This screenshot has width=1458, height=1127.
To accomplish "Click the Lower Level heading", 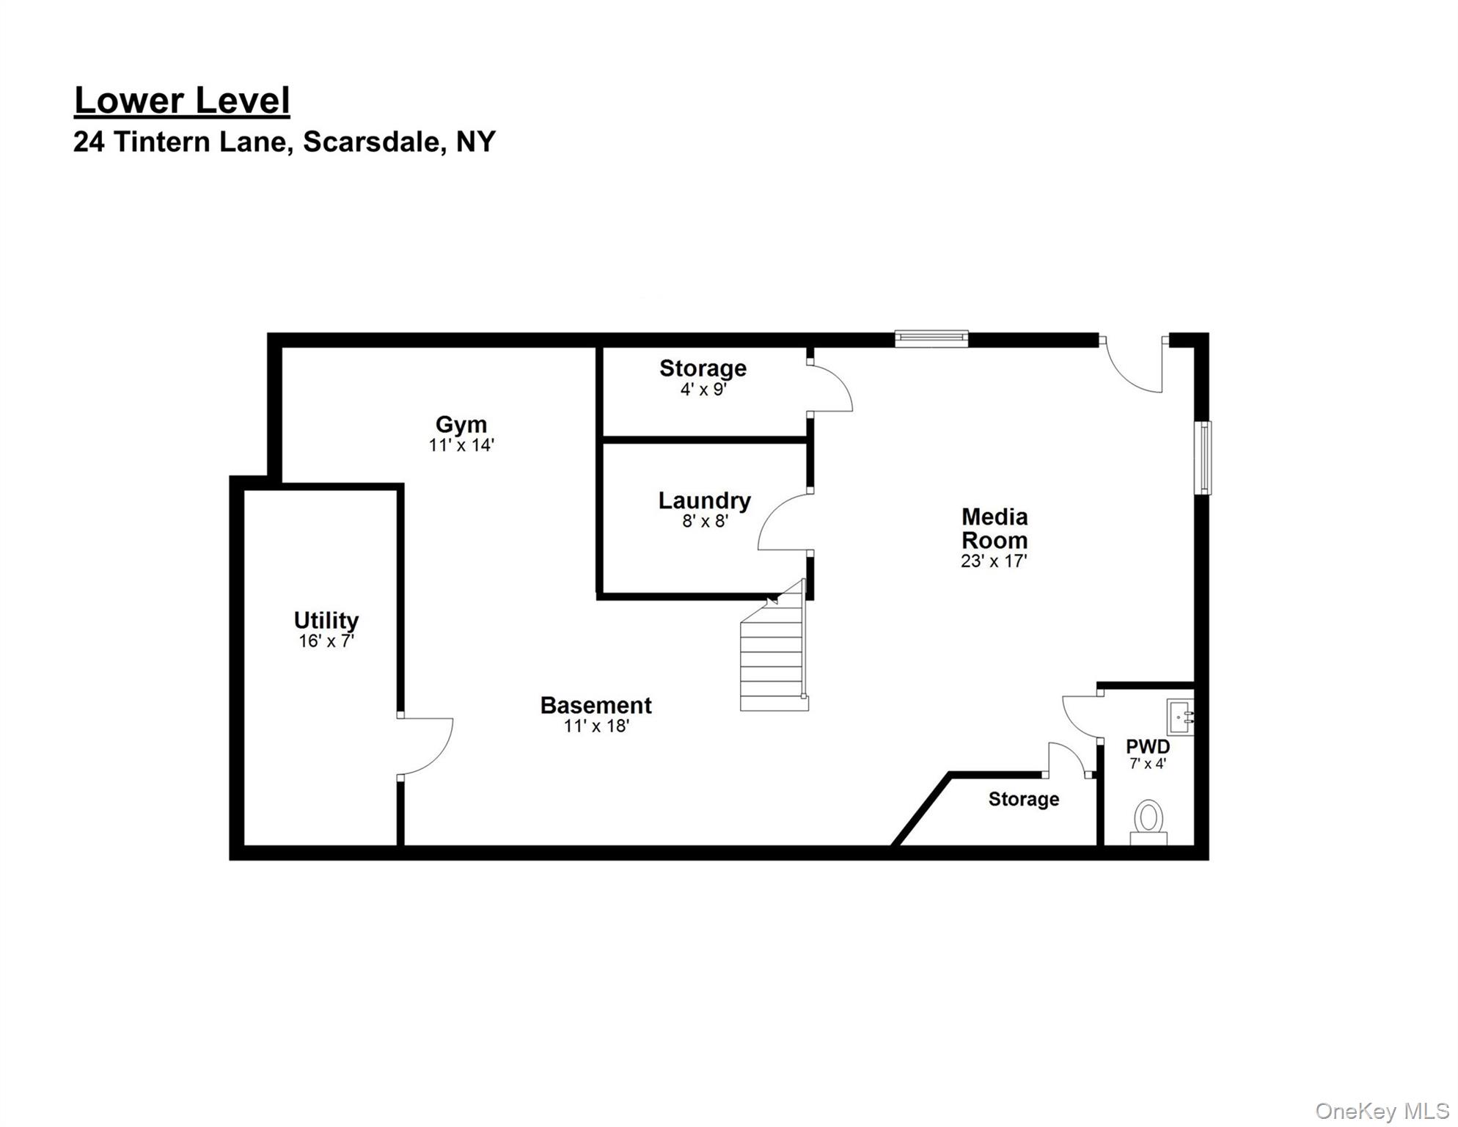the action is tap(182, 101).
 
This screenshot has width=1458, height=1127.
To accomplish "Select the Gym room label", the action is tap(461, 424).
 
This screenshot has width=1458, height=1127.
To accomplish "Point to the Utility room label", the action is tap(326, 621).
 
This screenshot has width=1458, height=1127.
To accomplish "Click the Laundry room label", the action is tap(705, 500).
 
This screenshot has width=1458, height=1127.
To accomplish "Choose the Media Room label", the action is tap(994, 528).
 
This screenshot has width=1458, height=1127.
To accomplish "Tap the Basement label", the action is tap(596, 705).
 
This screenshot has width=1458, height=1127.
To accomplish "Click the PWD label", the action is tap(1148, 747).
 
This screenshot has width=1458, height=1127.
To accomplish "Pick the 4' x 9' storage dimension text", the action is tap(703, 390).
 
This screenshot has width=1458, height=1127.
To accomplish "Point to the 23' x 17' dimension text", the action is tap(994, 561).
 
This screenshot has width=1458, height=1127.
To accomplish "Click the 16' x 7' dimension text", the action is tap(326, 641).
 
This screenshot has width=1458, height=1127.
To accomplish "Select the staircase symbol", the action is tap(774, 646).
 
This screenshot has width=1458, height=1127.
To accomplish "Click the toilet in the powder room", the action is tap(1149, 823).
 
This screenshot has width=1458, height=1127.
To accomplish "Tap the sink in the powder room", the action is tap(1180, 718).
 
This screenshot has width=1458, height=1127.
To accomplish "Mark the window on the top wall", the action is tap(931, 339).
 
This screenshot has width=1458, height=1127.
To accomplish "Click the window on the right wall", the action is tap(1203, 458).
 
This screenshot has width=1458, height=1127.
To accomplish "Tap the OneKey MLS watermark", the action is tap(1382, 1112).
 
